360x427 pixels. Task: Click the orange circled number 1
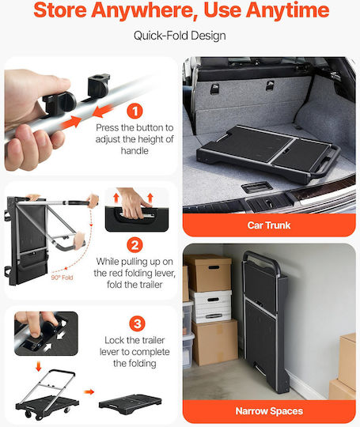(135, 111)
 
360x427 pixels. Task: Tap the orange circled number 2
(135, 245)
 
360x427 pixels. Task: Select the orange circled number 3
(137, 323)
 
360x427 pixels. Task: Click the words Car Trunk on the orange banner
(269, 225)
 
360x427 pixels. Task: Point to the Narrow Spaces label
(269, 411)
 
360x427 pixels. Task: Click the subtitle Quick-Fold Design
(180, 36)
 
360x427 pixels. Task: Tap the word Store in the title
(60, 10)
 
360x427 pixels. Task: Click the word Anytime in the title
(287, 11)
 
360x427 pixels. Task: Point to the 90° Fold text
(63, 278)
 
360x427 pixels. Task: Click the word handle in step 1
(135, 150)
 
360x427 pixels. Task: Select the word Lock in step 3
(115, 340)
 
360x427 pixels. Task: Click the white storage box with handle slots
(210, 306)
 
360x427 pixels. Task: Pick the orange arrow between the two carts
(89, 392)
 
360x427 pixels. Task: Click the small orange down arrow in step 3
(39, 366)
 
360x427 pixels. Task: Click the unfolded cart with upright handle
(47, 395)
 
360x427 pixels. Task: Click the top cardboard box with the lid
(208, 272)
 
